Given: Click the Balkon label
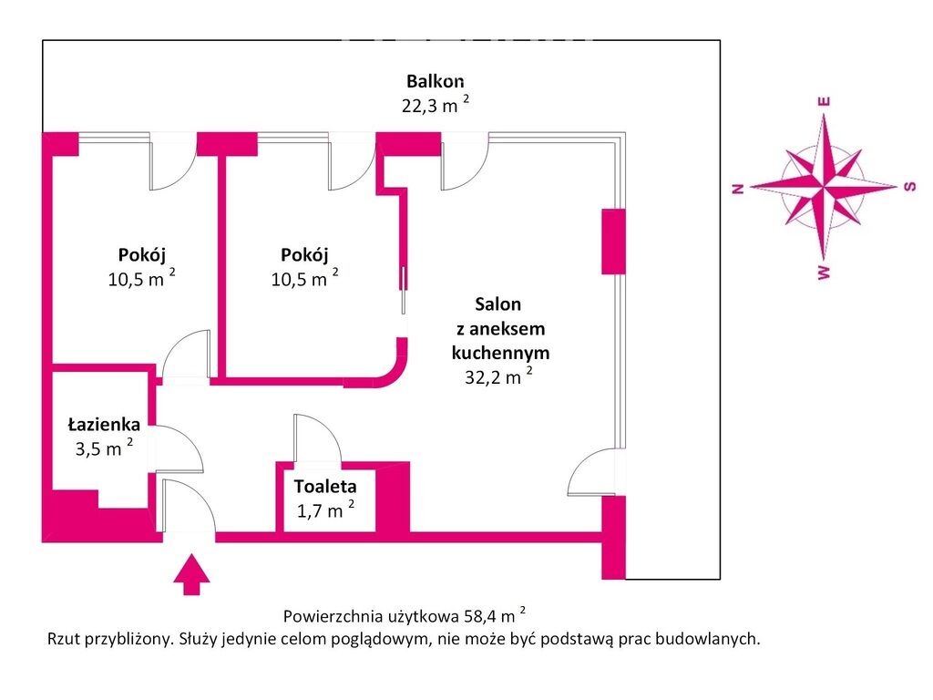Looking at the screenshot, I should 436,82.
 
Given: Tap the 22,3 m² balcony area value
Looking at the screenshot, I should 436,105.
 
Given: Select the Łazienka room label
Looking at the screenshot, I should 104,424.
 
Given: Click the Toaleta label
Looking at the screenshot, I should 324,487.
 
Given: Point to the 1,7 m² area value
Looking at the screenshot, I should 325,510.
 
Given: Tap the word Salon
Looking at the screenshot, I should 498,304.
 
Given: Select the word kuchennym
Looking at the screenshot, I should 500,352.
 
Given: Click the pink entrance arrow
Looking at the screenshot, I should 191,577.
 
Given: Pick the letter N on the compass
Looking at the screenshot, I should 739,189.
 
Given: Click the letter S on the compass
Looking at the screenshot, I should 908,187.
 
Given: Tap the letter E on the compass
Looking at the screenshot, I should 824,102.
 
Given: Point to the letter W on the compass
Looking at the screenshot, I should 824,273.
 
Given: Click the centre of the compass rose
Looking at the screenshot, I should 824,187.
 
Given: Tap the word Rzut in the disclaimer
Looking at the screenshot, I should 65,639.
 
